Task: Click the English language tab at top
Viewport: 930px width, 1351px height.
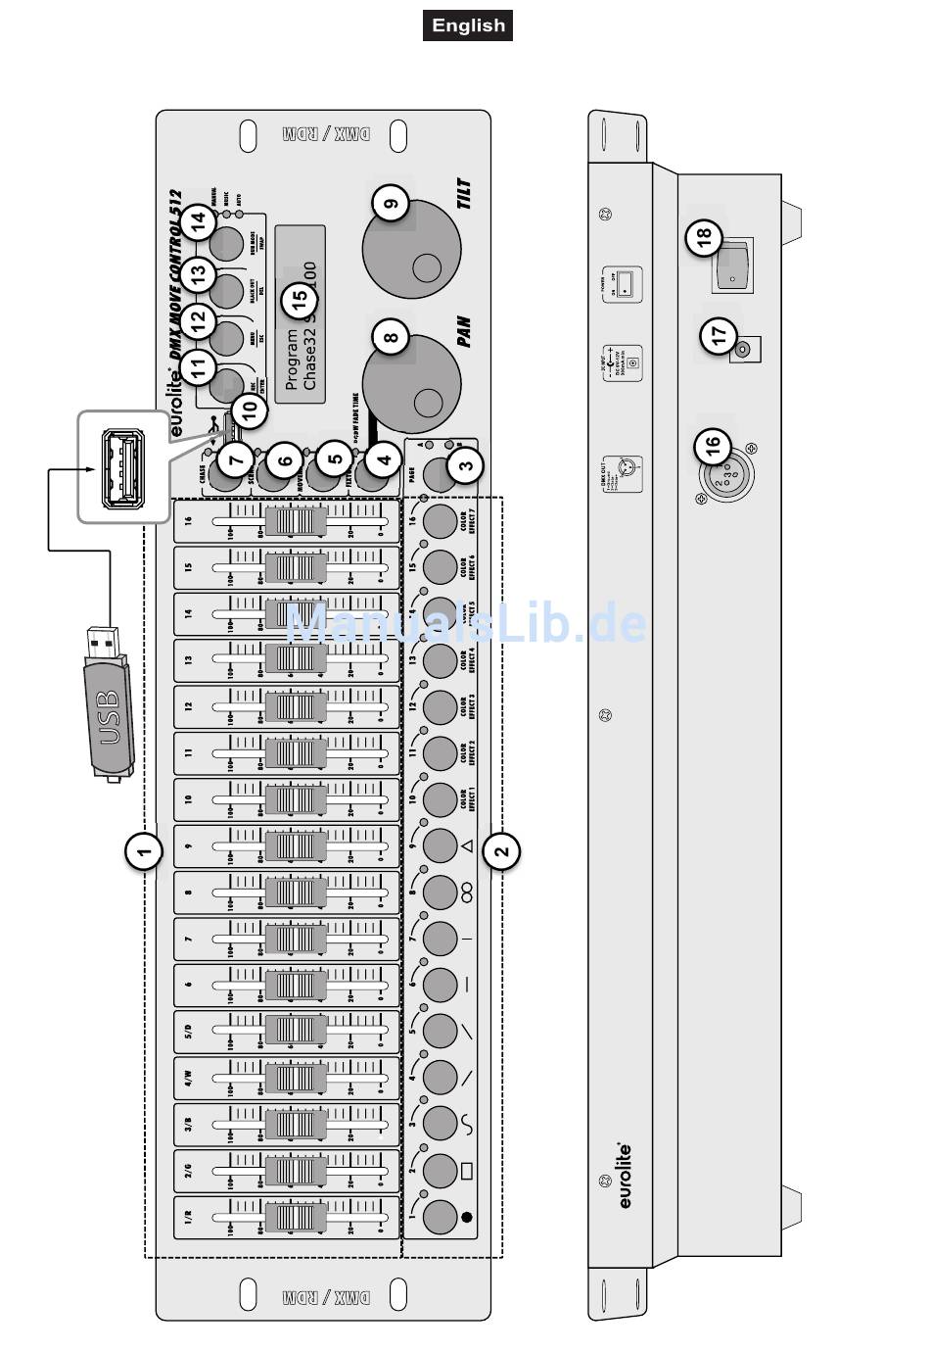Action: pyautogui.click(x=468, y=25)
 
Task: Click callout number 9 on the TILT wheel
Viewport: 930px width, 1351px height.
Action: pyautogui.click(x=391, y=204)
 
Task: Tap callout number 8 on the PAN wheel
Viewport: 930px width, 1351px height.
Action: pyautogui.click(x=391, y=339)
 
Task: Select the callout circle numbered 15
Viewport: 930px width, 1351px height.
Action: pyautogui.click(x=300, y=299)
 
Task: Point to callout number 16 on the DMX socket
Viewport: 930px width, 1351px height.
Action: pyautogui.click(x=713, y=447)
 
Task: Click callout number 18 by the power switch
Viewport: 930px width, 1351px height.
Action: pyautogui.click(x=704, y=236)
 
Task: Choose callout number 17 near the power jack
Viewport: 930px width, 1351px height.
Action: pyautogui.click(x=720, y=335)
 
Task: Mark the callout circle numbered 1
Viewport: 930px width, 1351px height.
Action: pyautogui.click(x=144, y=851)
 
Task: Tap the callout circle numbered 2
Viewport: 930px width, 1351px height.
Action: pyautogui.click(x=502, y=851)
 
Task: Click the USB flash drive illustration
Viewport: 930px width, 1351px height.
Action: pyautogui.click(x=108, y=705)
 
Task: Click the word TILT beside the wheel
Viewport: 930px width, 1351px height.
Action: pyautogui.click(x=465, y=194)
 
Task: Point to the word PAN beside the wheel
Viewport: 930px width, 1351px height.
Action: pyautogui.click(x=464, y=331)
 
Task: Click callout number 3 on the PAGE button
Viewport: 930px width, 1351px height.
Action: pyautogui.click(x=466, y=465)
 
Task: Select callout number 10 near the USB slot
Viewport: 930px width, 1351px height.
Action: pyautogui.click(x=250, y=409)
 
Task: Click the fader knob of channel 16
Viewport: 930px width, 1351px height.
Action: pyautogui.click(x=296, y=520)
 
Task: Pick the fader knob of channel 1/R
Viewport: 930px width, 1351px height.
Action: pyautogui.click(x=296, y=1218)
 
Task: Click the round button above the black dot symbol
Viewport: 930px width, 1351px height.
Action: pyautogui.click(x=440, y=1217)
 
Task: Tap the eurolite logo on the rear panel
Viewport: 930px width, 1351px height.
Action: pyautogui.click(x=625, y=1175)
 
